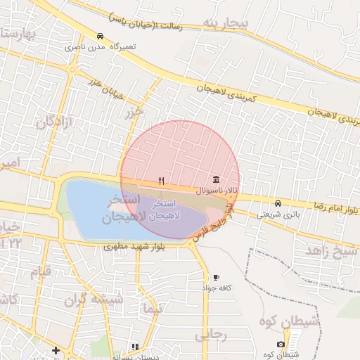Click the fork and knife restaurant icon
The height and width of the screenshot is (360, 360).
point(162,181)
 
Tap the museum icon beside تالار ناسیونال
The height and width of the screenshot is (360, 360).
point(215,181)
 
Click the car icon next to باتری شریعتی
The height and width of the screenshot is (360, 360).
point(278,203)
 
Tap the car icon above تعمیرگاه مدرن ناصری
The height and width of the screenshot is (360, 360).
point(101,36)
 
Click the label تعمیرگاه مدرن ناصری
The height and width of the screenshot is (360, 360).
point(101,47)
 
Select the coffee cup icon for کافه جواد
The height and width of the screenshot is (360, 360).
point(215,277)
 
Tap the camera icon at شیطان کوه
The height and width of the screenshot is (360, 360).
point(281,344)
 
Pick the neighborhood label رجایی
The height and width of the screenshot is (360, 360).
point(210,335)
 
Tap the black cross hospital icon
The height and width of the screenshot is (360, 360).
point(56,350)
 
